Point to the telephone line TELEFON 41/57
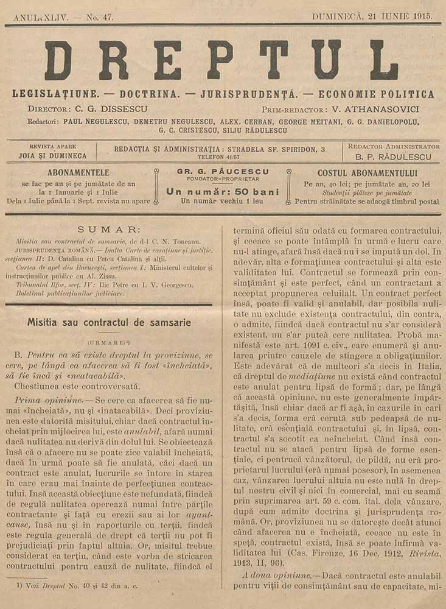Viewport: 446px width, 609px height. (219, 156)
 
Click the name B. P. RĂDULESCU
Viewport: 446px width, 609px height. (393, 157)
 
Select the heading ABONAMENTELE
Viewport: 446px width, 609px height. (78, 172)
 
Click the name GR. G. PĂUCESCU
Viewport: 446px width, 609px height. (223, 172)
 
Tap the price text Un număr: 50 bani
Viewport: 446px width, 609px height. (223, 191)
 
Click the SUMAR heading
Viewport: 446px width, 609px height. (108, 230)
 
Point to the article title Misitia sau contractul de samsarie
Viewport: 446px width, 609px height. (109, 322)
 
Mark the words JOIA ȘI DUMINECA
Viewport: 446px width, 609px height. (52, 156)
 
